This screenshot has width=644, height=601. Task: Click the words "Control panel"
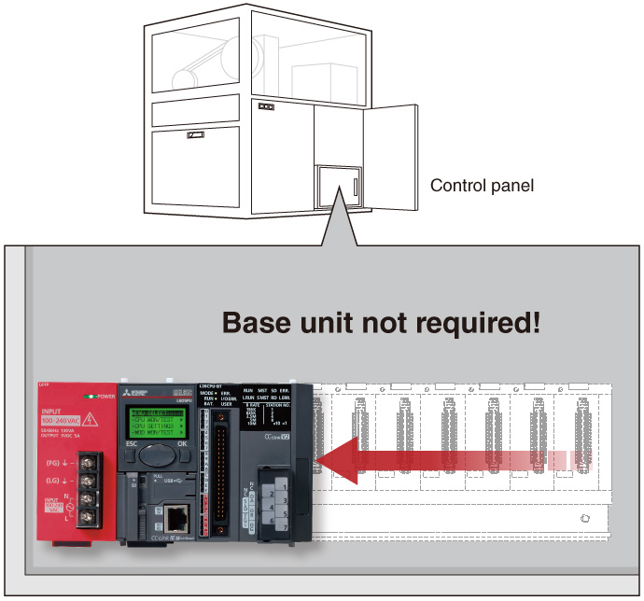tap(482, 186)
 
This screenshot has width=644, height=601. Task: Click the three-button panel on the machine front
tap(267, 106)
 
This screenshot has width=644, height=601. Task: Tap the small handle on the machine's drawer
tap(196, 135)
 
